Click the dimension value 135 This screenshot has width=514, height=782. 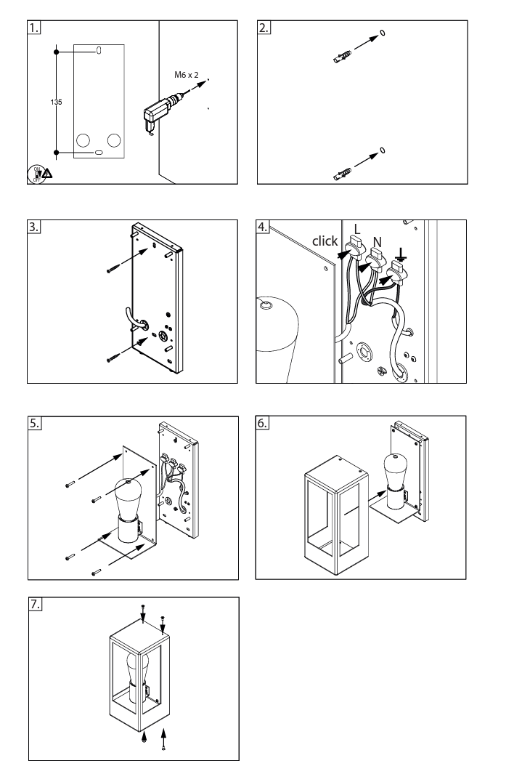coord(56,102)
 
